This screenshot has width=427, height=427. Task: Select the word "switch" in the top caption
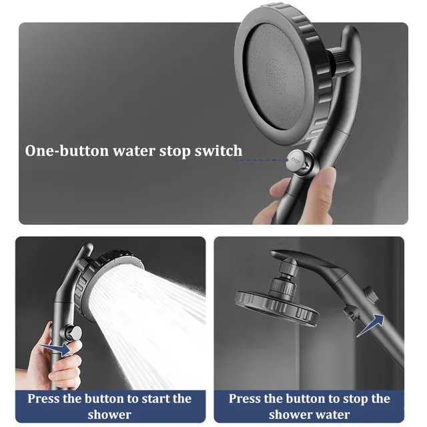click(218, 151)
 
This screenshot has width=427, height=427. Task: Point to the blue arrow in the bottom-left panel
click(55, 348)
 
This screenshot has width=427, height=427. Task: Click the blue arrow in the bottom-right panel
click(371, 325)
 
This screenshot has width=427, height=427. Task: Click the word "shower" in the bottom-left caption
click(109, 415)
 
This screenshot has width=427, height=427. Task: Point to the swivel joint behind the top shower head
click(341, 61)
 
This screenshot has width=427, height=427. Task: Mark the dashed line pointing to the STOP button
click(261, 160)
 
